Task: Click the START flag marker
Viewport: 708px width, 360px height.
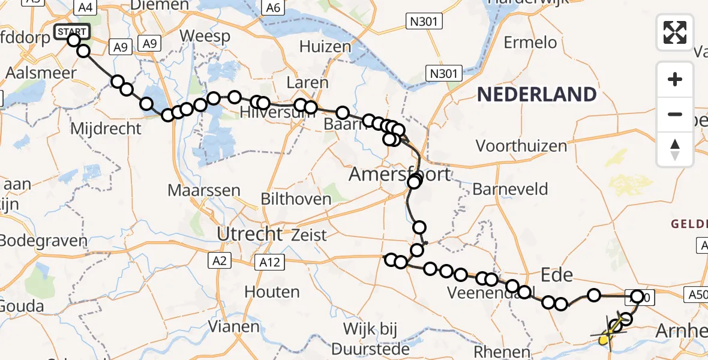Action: pyautogui.click(x=72, y=31)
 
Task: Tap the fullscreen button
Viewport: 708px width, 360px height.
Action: pyautogui.click(x=675, y=32)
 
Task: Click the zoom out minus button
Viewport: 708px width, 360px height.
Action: pyautogui.click(x=675, y=114)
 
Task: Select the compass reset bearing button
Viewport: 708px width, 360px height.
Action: pyautogui.click(x=675, y=149)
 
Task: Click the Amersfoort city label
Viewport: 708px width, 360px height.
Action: pyautogui.click(x=400, y=174)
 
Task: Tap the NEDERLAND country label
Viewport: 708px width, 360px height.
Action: pyautogui.click(x=537, y=95)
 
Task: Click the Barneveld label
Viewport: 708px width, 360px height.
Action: pyautogui.click(x=510, y=190)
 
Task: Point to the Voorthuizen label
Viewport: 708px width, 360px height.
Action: pyautogui.click(x=521, y=146)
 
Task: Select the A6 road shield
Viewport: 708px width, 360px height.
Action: pyautogui.click(x=272, y=8)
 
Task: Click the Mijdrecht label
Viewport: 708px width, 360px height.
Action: pyautogui.click(x=106, y=128)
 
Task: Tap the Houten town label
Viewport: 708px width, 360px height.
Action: pyautogui.click(x=272, y=292)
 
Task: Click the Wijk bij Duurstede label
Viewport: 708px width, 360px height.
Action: pyautogui.click(x=377, y=338)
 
